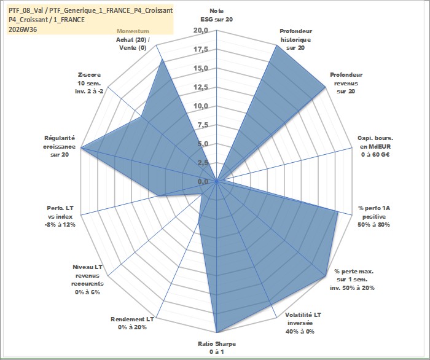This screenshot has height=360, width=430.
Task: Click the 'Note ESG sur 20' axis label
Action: pos(217,15)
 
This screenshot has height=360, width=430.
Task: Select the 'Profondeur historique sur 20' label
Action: pos(295,39)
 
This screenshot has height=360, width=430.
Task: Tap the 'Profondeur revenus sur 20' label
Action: pos(346,83)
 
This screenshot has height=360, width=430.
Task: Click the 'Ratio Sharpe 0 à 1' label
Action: pos(217,348)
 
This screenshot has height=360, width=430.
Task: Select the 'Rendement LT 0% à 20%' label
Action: pos(132,323)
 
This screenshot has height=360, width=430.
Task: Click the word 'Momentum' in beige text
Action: pos(133,31)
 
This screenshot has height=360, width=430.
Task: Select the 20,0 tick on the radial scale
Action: pos(201,31)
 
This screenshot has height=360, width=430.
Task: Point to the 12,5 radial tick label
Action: pos(201,87)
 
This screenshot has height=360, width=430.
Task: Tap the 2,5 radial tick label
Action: pos(203,163)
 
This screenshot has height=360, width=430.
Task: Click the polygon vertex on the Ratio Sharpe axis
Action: pos(217,332)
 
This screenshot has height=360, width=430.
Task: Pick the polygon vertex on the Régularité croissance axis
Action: pos(81,147)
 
